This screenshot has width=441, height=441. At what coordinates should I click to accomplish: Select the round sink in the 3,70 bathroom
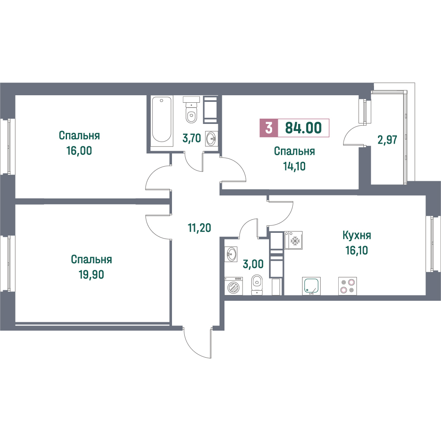pyautogui.click(x=211, y=138)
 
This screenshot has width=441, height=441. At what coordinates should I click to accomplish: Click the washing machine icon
pyautogui.click(x=233, y=286)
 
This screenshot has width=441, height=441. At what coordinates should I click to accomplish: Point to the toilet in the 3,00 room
pyautogui.click(x=257, y=284)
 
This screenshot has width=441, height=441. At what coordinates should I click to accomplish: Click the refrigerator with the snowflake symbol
pyautogui.click(x=293, y=240)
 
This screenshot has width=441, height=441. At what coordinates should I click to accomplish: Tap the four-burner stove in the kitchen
pyautogui.click(x=348, y=286)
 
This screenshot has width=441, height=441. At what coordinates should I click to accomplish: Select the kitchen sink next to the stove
pyautogui.click(x=311, y=286)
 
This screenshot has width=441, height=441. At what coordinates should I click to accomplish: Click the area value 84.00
pyautogui.click(x=303, y=128)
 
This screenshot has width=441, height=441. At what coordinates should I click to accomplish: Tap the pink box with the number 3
pyautogui.click(x=269, y=128)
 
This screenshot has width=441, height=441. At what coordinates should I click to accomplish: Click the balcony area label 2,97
pyautogui.click(x=387, y=140)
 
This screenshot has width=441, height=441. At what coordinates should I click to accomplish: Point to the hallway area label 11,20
pyautogui.click(x=199, y=228)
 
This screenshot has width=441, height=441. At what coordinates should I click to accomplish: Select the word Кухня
pyautogui.click(x=357, y=235)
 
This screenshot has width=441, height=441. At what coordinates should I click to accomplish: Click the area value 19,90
pyautogui.click(x=91, y=275)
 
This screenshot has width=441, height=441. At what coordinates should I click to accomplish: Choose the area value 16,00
pyautogui.click(x=79, y=151)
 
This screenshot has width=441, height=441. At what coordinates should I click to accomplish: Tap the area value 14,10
pyautogui.click(x=294, y=167)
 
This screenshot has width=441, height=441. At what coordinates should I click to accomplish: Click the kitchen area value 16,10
pyautogui.click(x=357, y=250)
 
